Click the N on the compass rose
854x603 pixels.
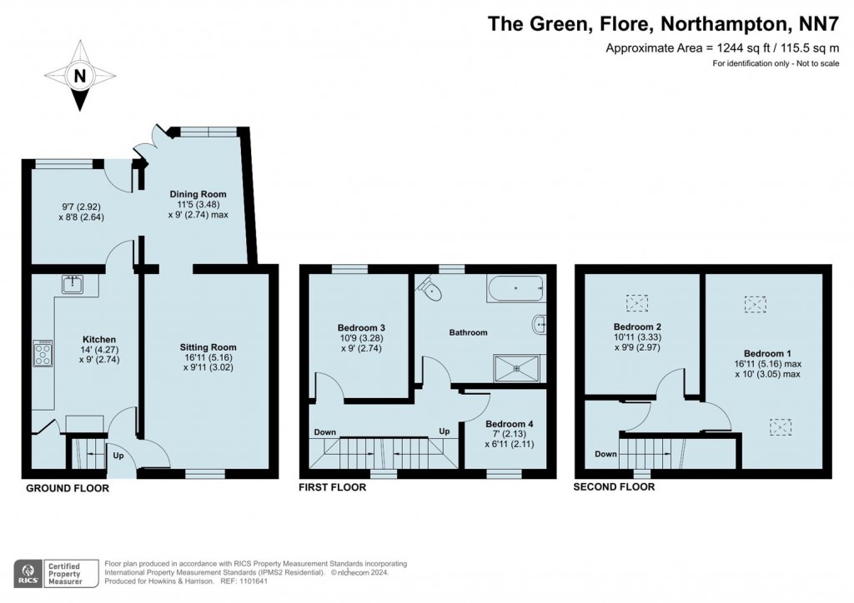click(80, 76)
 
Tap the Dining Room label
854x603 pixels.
click(198, 194)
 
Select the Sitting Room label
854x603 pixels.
click(208, 347)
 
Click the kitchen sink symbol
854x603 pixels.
click(72, 284)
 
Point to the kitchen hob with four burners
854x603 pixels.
click(43, 353)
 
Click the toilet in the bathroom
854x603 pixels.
click(430, 288)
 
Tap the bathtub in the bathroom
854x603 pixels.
click(515, 289)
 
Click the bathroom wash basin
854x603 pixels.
click(539, 325)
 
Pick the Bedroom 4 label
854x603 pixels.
click(510, 424)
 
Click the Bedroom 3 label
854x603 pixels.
click(361, 328)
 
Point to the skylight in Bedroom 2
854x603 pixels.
click(636, 303)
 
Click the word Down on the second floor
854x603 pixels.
click(605, 454)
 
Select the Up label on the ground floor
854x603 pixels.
click(118, 456)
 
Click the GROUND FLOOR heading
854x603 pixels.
click(68, 488)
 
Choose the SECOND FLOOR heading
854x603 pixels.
click(614, 487)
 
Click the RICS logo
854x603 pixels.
click(28, 574)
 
